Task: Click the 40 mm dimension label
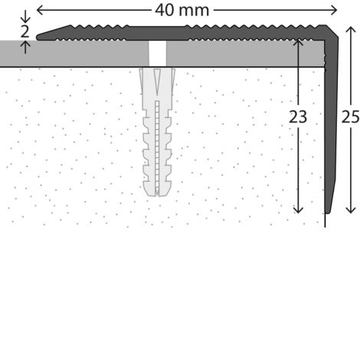182,11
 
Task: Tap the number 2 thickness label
25,32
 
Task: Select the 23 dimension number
298,117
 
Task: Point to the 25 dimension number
350,117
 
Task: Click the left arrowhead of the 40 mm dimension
40,11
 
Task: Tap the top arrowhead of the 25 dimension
351,30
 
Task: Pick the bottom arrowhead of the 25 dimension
351,210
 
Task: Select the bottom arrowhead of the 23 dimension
298,210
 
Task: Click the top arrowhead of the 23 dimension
298,43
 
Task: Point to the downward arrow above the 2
25,16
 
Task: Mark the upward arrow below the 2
25,47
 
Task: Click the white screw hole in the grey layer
157,54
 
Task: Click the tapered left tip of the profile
38,38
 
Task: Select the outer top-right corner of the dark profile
326,25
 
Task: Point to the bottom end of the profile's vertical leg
328,211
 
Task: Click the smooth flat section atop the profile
156,27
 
